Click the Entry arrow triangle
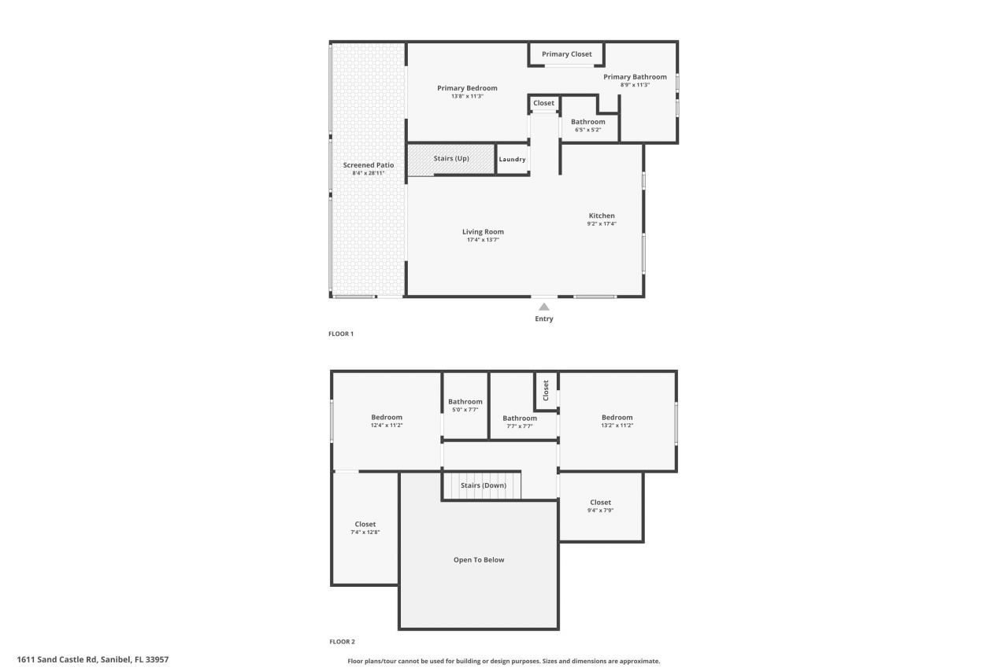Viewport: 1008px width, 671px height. tap(543, 307)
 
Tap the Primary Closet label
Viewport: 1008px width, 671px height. tap(566, 54)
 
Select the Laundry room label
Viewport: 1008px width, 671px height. tap(512, 160)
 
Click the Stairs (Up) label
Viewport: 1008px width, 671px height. tap(451, 159)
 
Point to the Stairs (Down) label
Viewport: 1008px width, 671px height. tap(484, 485)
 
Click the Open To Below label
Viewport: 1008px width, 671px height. tap(479, 560)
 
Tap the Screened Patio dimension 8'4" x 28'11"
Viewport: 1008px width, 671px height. tap(369, 173)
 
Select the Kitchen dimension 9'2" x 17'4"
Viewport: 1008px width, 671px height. tap(602, 223)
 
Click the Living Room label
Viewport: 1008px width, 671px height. tap(483, 231)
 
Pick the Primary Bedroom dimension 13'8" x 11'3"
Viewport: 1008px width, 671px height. tap(467, 96)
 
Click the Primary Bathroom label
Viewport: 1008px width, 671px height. tap(635, 77)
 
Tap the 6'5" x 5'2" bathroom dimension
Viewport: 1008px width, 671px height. tap(587, 130)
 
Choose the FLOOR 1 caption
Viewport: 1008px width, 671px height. tap(341, 334)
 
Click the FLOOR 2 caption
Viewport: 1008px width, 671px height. tap(342, 641)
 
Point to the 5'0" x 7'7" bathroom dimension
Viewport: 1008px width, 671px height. tap(465, 410)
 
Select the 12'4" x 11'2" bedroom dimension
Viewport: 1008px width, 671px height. tap(387, 426)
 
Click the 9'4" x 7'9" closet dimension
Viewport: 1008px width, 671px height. tap(600, 511)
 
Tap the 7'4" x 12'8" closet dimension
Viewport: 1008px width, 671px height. tap(365, 533)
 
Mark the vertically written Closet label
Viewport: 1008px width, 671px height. tap(546, 390)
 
